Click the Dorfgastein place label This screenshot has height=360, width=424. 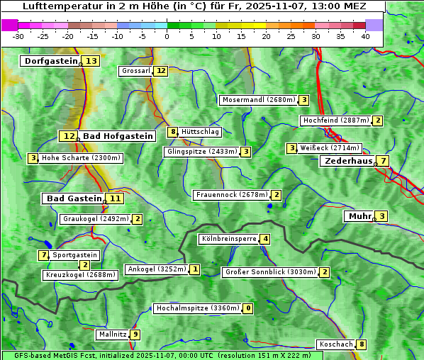click(x=50, y=61)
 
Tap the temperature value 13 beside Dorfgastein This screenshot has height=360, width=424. click(x=91, y=61)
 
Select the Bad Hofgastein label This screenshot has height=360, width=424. click(x=117, y=136)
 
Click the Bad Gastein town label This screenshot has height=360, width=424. click(x=74, y=198)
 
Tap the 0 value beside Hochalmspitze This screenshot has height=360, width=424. click(x=248, y=309)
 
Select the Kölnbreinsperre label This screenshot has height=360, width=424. click(x=228, y=239)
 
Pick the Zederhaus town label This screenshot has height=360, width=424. click(x=347, y=161)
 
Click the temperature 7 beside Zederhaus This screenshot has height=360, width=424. click(x=383, y=161)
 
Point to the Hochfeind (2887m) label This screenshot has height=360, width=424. click(x=335, y=120)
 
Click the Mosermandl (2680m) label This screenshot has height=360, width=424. click(x=258, y=100)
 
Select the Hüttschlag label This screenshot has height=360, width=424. click(x=201, y=132)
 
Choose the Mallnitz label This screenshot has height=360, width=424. click(x=113, y=334)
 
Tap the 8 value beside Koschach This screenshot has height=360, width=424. click(x=362, y=344)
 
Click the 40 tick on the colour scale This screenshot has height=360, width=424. click(x=365, y=36)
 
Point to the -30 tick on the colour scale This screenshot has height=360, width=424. click(x=18, y=36)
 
